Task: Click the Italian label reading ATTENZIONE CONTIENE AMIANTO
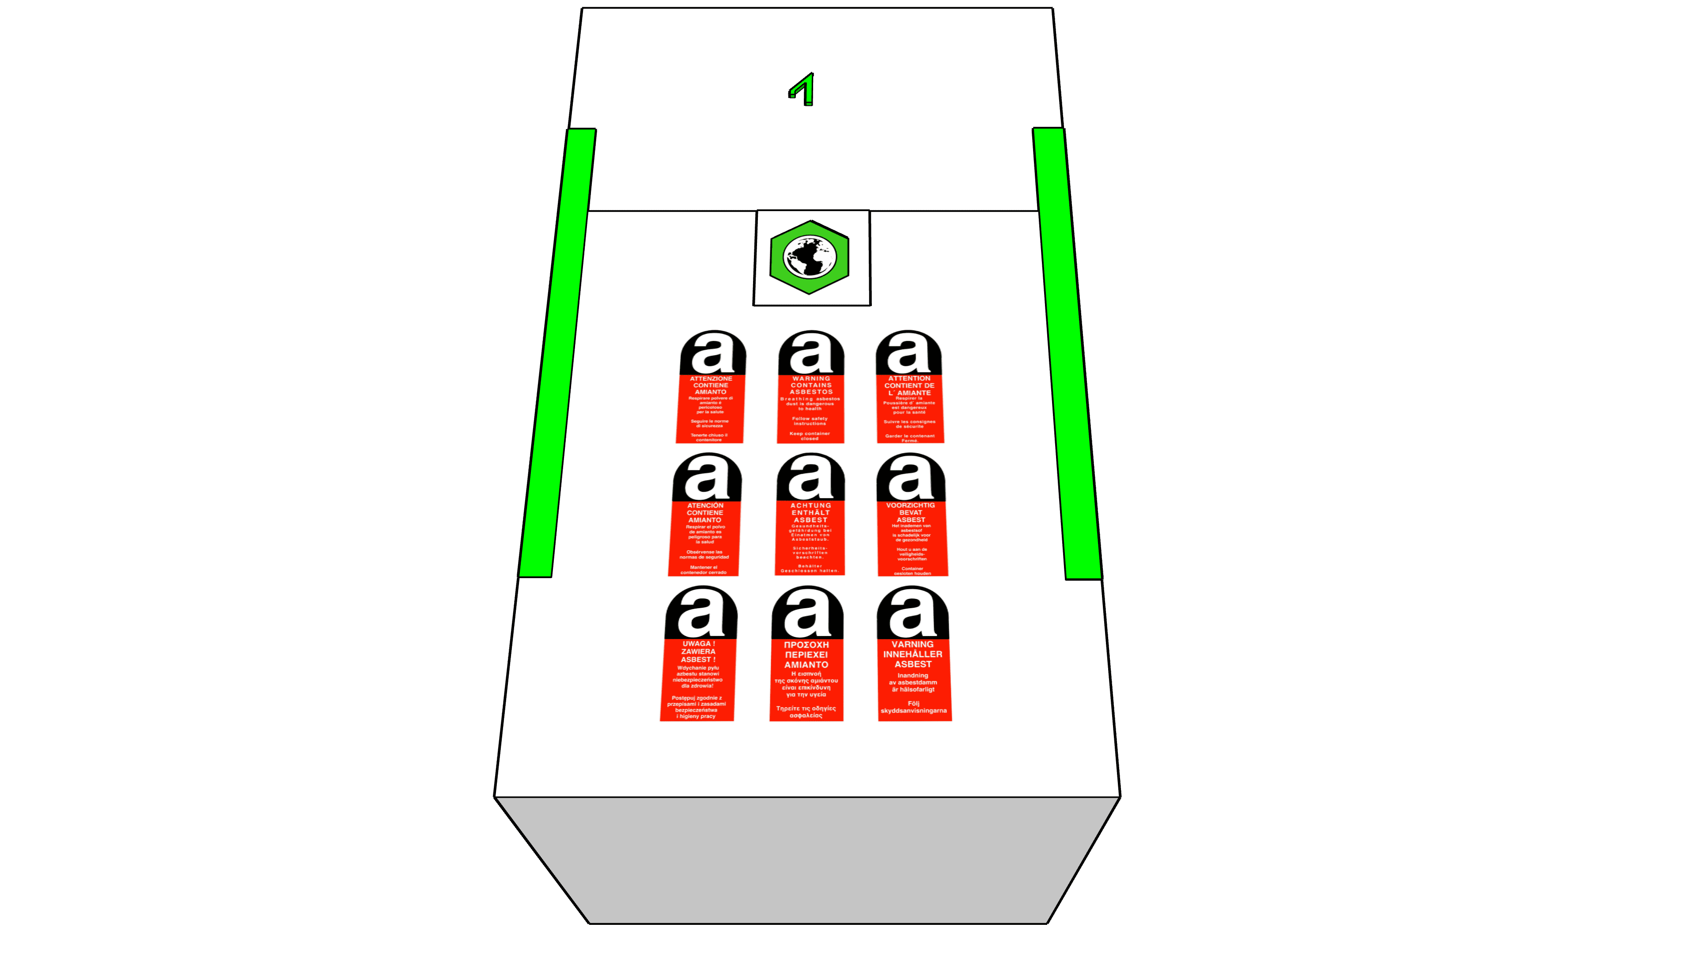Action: pos(710,389)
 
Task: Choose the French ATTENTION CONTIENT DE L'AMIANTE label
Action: pos(909,389)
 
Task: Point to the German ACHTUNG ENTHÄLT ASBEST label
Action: pos(810,515)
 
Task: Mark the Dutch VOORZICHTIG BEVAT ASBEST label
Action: pos(912,515)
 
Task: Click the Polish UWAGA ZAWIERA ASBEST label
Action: pos(699,655)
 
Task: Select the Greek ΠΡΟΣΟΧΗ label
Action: pos(806,655)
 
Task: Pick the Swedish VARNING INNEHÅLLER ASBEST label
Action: pos(913,655)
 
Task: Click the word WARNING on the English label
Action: pos(811,379)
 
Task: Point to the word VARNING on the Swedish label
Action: pos(912,644)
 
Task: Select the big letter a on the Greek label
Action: pos(806,612)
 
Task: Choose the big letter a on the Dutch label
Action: pos(911,479)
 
